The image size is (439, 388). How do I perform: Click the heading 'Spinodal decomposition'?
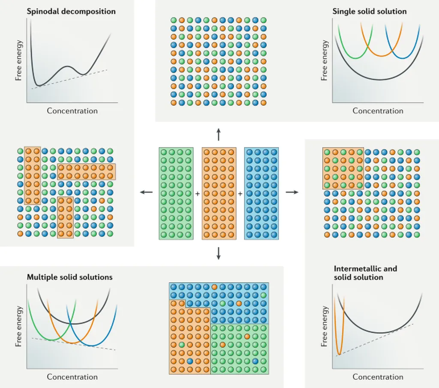pyautogui.click(x=71, y=12)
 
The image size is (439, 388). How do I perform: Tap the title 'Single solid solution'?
pyautogui.click(x=370, y=12)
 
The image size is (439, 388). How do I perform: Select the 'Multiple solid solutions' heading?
pyautogui.click(x=70, y=277)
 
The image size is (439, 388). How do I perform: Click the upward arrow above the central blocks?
pyautogui.click(x=219, y=134)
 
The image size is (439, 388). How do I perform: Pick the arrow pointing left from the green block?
pyautogui.click(x=146, y=192)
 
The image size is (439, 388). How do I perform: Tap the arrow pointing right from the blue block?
pyautogui.click(x=292, y=192)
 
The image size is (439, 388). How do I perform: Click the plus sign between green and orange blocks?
pyautogui.click(x=198, y=194)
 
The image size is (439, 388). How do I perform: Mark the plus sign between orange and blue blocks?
pyautogui.click(x=240, y=194)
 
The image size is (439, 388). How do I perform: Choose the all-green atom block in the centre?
pyautogui.click(x=176, y=193)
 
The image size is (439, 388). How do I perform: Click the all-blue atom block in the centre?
pyautogui.click(x=262, y=193)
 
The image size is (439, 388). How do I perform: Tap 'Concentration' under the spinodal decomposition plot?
pyautogui.click(x=72, y=111)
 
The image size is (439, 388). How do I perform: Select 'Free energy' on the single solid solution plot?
pyautogui.click(x=325, y=60)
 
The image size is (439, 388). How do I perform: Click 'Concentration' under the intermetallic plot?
pyautogui.click(x=378, y=377)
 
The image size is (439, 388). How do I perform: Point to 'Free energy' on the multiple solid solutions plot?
pyautogui.click(x=18, y=326)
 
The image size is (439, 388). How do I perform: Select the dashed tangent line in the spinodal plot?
pyautogui.click(x=73, y=78)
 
